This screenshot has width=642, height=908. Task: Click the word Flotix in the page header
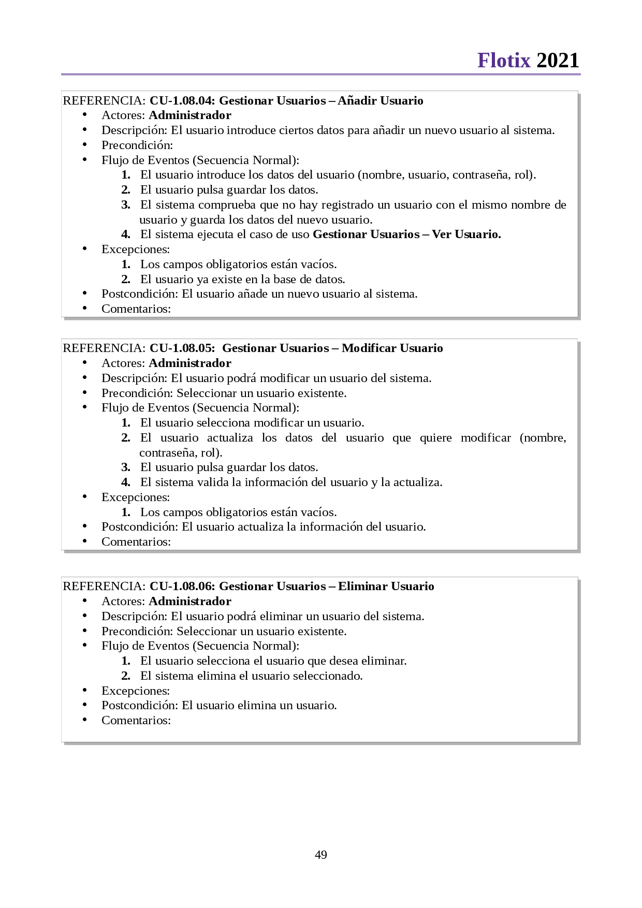click(504, 61)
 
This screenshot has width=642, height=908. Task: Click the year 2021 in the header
click(558, 61)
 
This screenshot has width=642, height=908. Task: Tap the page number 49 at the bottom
click(321, 855)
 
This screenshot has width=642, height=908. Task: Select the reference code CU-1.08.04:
click(182, 100)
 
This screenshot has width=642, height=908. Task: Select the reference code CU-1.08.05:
click(182, 348)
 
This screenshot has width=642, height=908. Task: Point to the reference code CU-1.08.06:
click(182, 586)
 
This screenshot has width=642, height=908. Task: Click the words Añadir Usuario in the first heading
click(381, 100)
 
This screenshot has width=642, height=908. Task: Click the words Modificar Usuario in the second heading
click(392, 348)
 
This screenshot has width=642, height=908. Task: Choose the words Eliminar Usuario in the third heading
click(386, 586)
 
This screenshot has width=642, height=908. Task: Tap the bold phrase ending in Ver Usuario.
click(407, 234)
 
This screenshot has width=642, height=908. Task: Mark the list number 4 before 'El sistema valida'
click(126, 482)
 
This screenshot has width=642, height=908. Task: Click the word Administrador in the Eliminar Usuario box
click(190, 601)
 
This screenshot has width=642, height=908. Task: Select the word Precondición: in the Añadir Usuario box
click(137, 145)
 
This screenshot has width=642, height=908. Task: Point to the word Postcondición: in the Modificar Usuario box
click(140, 526)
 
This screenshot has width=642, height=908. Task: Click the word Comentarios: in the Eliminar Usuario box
click(136, 720)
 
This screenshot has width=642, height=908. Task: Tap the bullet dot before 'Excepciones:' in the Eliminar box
click(84, 690)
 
